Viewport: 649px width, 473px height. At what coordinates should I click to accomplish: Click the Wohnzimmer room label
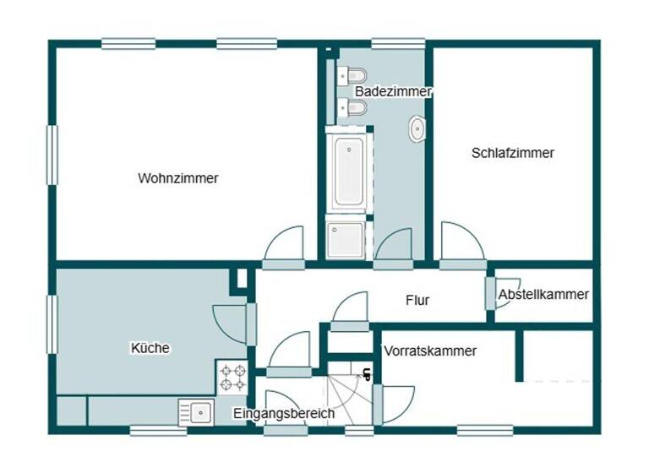click(177, 178)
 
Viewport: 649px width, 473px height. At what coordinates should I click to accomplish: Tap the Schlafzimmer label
click(512, 153)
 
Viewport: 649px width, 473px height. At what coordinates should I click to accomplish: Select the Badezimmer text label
click(393, 91)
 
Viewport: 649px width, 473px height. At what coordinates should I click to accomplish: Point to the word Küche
click(150, 347)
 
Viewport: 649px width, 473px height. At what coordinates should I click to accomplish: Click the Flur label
click(417, 300)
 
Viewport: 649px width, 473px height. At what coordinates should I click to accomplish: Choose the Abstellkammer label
click(543, 295)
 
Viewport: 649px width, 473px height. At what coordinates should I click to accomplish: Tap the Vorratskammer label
click(429, 351)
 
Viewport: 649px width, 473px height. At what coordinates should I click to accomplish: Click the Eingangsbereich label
click(284, 414)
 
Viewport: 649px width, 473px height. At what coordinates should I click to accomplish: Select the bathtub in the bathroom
click(348, 171)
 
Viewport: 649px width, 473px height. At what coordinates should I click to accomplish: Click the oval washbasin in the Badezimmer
click(417, 129)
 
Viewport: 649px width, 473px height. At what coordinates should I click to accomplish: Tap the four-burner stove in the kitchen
click(233, 377)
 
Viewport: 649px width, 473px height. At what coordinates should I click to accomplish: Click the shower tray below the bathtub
click(346, 239)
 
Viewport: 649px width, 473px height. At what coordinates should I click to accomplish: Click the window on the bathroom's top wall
click(397, 43)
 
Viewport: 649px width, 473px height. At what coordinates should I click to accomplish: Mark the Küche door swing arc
click(230, 323)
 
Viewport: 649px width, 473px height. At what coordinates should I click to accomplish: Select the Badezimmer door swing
click(395, 247)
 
